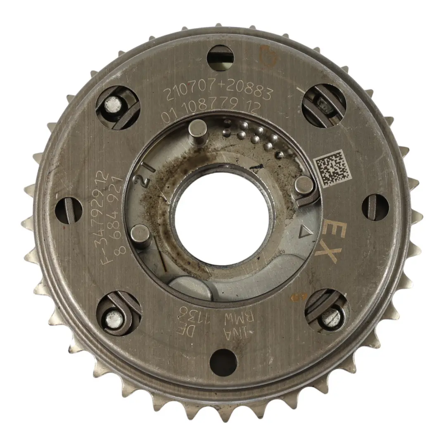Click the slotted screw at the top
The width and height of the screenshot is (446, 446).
click(x=220, y=58)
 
